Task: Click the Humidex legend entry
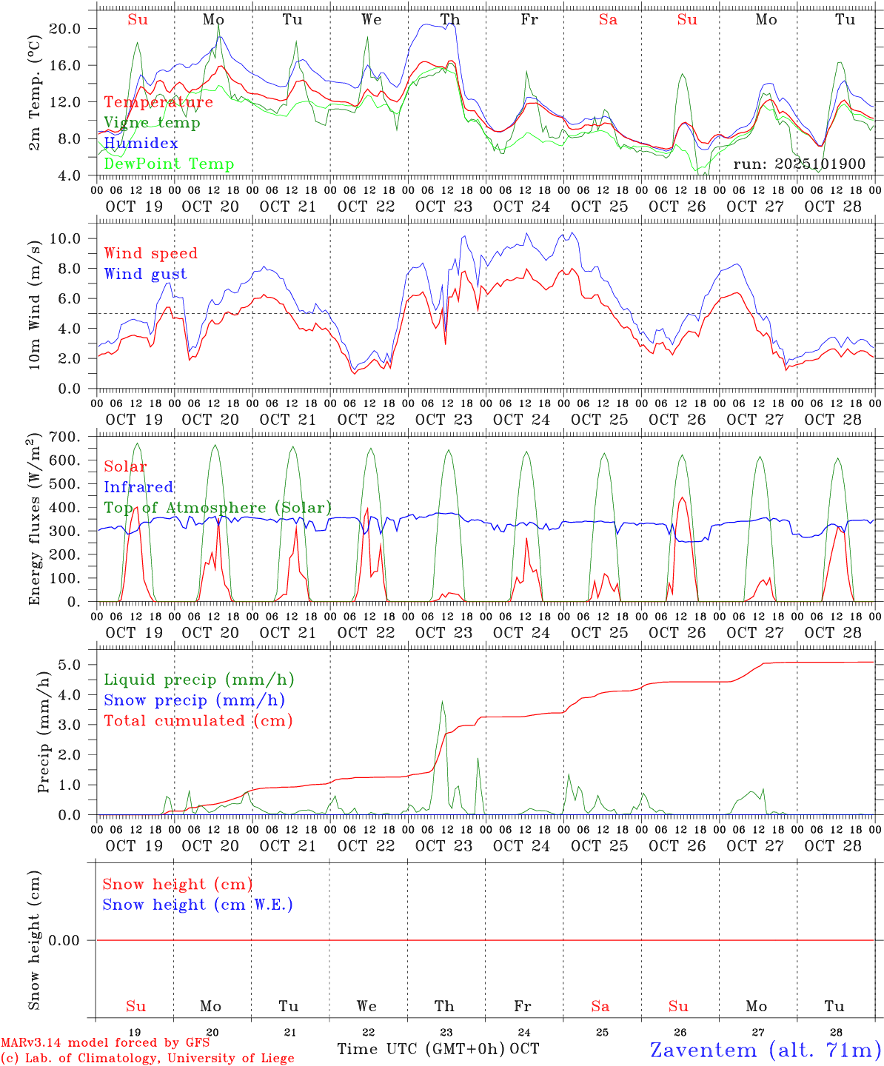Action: click(141, 143)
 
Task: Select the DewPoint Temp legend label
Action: click(169, 164)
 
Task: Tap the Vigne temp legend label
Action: click(152, 122)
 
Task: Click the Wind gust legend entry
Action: click(145, 274)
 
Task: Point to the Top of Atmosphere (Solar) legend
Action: click(217, 508)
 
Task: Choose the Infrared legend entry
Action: click(138, 487)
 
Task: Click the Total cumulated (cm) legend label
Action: click(198, 720)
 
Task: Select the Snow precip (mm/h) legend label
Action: click(194, 700)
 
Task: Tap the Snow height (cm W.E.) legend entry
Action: click(198, 905)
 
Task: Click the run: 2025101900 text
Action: click(799, 164)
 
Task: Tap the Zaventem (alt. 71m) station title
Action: click(766, 1049)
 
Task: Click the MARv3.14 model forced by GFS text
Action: click(105, 1043)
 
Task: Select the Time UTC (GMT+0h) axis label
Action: click(421, 1048)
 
